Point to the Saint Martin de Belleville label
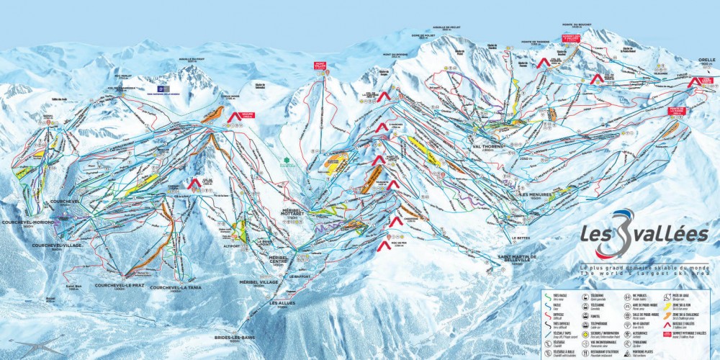click(x=517, y=261)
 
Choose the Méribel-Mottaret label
click(x=294, y=214)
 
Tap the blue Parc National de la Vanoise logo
click(x=160, y=91)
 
